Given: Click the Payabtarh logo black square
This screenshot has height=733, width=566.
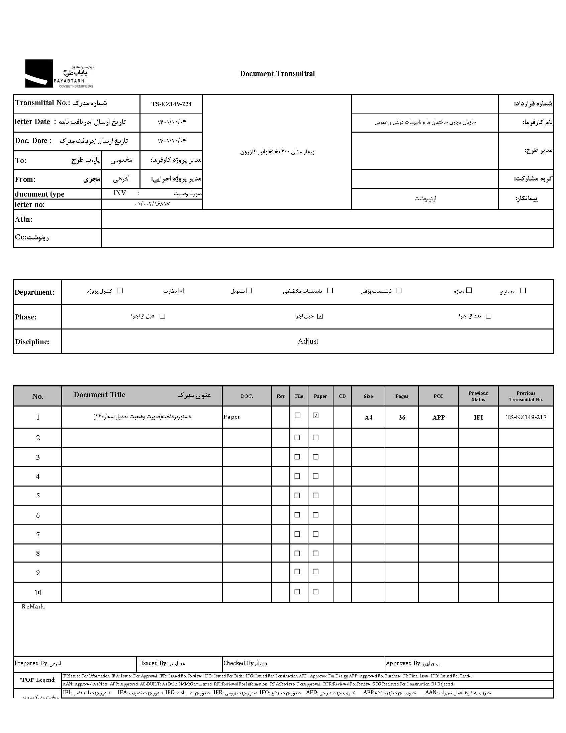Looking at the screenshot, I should pyautogui.click(x=39, y=74).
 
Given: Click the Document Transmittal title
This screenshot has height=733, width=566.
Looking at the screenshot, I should pyautogui.click(x=277, y=74).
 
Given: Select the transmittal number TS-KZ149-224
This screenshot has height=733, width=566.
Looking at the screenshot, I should pyautogui.click(x=171, y=104).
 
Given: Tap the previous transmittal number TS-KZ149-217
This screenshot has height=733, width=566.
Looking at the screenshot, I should pyautogui.click(x=526, y=417).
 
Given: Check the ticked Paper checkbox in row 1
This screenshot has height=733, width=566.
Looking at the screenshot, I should pyautogui.click(x=315, y=416).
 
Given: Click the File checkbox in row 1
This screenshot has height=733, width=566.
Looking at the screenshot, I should pyautogui.click(x=297, y=416).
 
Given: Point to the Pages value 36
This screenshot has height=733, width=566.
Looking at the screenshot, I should pyautogui.click(x=402, y=418).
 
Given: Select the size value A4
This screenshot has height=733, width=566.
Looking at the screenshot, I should pyautogui.click(x=368, y=418).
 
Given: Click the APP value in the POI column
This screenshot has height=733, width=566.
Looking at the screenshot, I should pyautogui.click(x=438, y=417).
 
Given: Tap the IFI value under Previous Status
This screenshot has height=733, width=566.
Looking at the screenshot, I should pyautogui.click(x=478, y=417).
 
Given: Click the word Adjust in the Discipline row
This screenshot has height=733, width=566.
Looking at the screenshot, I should pyautogui.click(x=308, y=341).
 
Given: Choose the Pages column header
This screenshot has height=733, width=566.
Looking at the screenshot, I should pyautogui.click(x=402, y=396).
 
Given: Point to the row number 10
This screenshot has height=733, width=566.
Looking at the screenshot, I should pyautogui.click(x=38, y=593).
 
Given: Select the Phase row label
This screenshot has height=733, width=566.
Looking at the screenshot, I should pyautogui.click(x=25, y=317).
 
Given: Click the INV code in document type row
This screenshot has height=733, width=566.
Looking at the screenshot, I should pyautogui.click(x=120, y=193).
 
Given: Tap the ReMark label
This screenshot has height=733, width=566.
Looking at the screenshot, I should pyautogui.click(x=33, y=607).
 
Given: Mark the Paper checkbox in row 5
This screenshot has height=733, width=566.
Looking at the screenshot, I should pyautogui.click(x=315, y=496).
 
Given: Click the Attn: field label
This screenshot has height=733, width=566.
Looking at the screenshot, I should pyautogui.click(x=23, y=219).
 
